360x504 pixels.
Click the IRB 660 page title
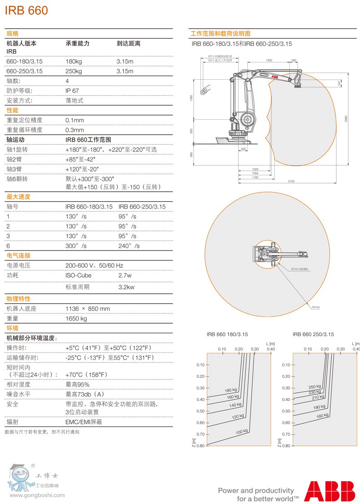point(26,11)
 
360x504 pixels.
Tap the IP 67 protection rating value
point(72,91)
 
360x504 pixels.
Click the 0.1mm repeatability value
point(75,120)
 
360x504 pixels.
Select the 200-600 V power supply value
point(94,265)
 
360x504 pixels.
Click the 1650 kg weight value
point(76,319)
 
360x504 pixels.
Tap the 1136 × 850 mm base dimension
point(87,309)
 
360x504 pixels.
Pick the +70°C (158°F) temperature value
point(86,375)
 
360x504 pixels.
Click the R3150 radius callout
point(316,308)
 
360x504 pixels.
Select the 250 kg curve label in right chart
point(314,387)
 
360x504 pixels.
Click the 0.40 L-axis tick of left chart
point(271,349)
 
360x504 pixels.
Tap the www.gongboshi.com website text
point(37,495)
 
